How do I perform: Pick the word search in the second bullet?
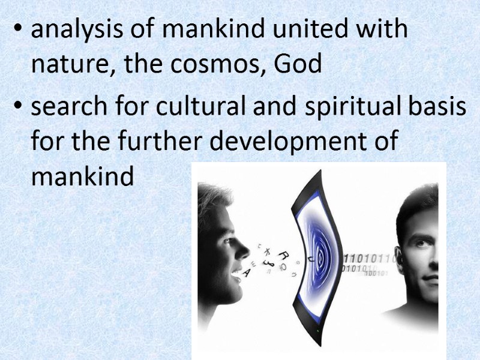pyautogui.click(x=67, y=108)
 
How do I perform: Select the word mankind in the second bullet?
pyautogui.click(x=82, y=177)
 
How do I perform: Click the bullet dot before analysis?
pyautogui.click(x=21, y=32)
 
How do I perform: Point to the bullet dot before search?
pyautogui.click(x=21, y=109)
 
